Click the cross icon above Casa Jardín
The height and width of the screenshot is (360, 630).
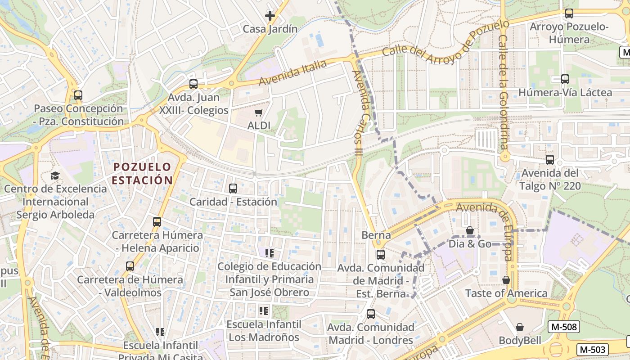(x=270, y=16)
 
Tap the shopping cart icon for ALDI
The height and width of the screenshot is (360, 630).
(x=258, y=112)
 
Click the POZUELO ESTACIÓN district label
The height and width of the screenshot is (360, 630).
(x=142, y=174)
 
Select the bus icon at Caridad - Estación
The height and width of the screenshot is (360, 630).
(x=233, y=189)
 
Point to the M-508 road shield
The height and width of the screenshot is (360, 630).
(x=563, y=327)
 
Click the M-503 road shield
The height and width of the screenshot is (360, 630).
(x=592, y=349)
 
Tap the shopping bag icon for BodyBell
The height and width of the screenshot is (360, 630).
(x=520, y=327)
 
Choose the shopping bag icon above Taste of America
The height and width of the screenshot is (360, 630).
(x=506, y=280)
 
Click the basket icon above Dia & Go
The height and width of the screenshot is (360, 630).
(x=470, y=230)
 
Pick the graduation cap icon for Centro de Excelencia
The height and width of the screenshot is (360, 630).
(x=55, y=175)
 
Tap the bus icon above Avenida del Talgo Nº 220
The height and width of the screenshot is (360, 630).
(x=549, y=160)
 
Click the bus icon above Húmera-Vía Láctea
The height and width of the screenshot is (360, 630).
(x=565, y=79)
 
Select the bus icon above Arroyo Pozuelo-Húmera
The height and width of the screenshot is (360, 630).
(x=569, y=13)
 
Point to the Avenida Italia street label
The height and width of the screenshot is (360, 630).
(x=292, y=72)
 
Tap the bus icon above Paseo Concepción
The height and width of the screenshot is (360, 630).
(x=78, y=95)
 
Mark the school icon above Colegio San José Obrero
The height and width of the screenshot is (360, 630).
(x=270, y=253)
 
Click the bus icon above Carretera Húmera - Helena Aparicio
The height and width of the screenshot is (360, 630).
(x=157, y=222)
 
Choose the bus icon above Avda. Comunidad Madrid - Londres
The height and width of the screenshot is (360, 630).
(x=371, y=314)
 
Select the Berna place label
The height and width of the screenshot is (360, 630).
(x=376, y=235)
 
